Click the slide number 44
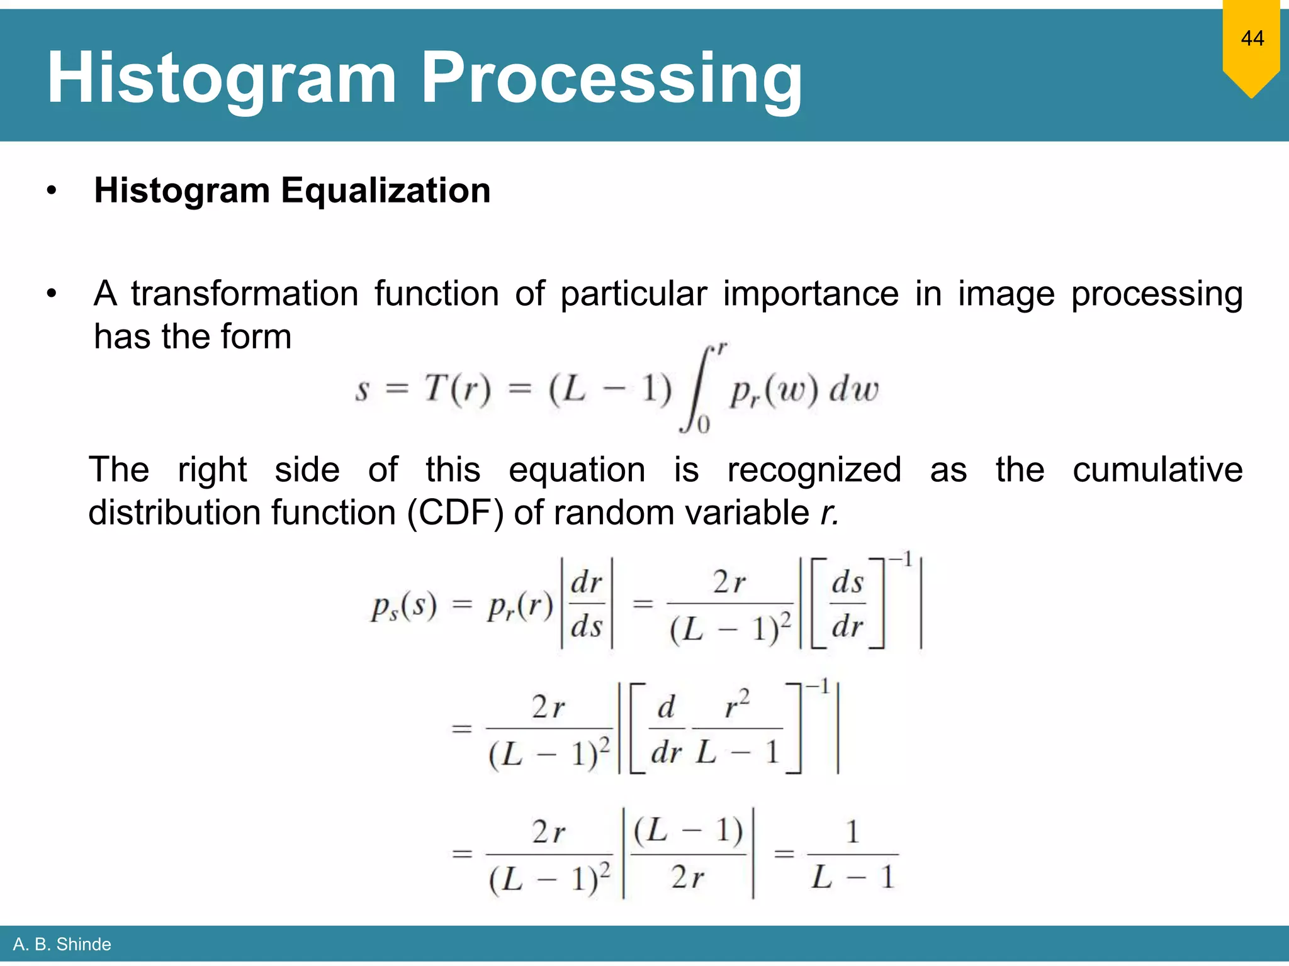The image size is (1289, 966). [1252, 38]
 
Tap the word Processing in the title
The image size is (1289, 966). [611, 78]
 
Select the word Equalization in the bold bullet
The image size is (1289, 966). [385, 190]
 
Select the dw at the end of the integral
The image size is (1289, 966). [853, 389]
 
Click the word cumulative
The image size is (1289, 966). [1157, 470]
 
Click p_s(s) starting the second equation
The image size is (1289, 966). [403, 606]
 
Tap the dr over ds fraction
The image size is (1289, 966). [587, 604]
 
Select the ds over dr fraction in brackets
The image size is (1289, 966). [847, 604]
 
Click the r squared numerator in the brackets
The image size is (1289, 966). [738, 705]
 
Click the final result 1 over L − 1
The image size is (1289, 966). [853, 855]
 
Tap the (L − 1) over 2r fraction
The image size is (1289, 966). [688, 853]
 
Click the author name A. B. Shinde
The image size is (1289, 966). [62, 944]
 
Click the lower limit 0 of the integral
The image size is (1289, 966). [703, 425]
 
